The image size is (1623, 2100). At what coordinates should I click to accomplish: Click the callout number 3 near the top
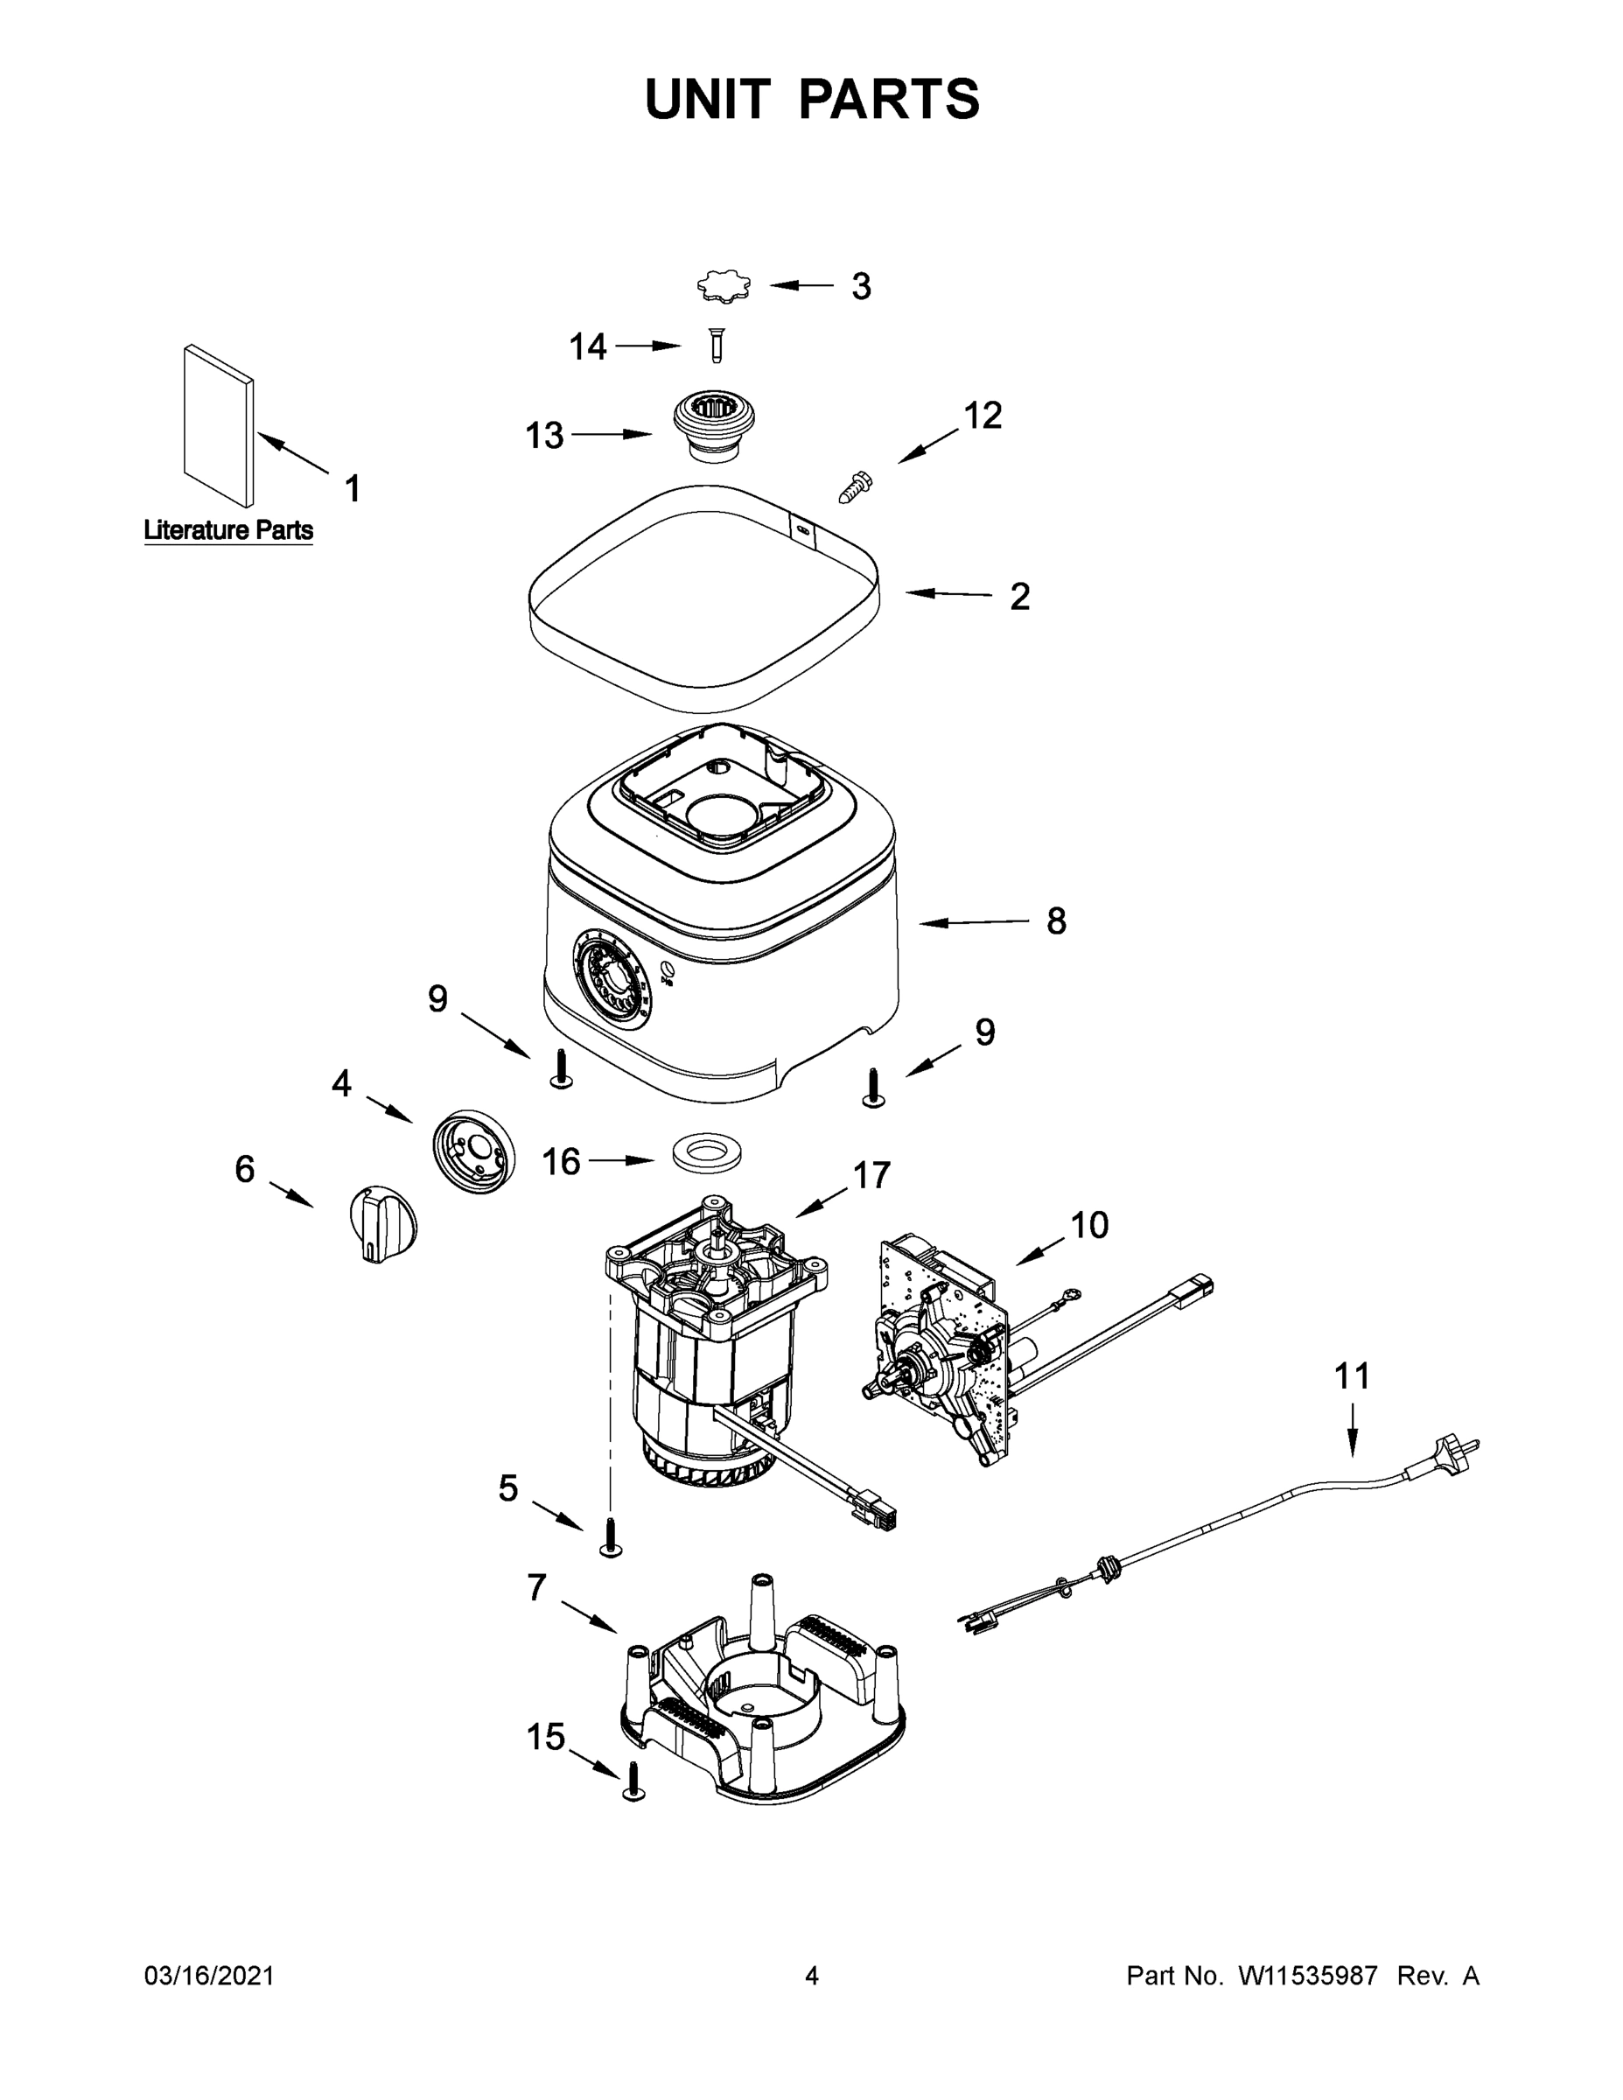[x=861, y=286]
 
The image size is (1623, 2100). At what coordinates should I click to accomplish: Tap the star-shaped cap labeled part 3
[x=724, y=286]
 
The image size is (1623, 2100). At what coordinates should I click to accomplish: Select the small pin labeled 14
[x=716, y=346]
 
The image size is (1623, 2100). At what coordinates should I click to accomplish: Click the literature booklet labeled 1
[x=220, y=424]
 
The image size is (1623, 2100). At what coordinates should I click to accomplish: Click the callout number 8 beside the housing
[x=1056, y=921]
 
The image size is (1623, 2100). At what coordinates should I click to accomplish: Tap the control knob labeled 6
[x=382, y=1223]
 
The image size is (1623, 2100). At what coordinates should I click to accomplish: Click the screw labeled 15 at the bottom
[x=633, y=1781]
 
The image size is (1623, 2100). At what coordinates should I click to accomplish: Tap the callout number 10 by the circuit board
[x=1088, y=1225]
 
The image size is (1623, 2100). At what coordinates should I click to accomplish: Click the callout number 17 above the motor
[x=871, y=1175]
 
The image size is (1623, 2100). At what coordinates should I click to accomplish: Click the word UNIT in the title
[x=708, y=99]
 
